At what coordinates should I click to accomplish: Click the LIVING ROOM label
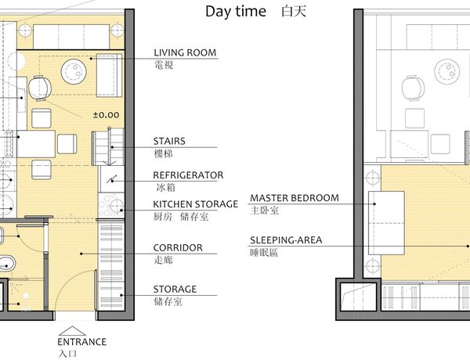point(185,52)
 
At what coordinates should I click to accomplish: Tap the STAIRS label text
point(169,141)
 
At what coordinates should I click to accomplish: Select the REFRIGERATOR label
point(188,175)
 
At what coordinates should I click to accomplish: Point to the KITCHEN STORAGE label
point(195,204)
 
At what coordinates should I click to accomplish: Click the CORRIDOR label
point(178,247)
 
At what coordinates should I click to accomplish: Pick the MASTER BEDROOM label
point(295,198)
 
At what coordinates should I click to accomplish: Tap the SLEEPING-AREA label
point(286,240)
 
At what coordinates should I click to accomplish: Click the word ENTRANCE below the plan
point(81,342)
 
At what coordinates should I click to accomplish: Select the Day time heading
point(236,12)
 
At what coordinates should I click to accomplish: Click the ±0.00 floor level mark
point(106,115)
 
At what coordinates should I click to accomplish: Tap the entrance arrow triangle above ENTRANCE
point(72,331)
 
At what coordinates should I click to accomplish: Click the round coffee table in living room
point(74,72)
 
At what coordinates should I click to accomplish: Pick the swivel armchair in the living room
point(40,88)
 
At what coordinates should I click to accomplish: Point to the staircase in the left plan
point(108,147)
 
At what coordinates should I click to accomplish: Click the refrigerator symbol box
point(111,178)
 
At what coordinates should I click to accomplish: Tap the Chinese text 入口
point(67,354)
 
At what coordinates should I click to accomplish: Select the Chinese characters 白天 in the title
point(294,12)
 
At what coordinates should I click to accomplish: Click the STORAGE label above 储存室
point(175,289)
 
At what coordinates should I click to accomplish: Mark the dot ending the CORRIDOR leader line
point(81,254)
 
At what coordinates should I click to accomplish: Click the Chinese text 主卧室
point(265,211)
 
